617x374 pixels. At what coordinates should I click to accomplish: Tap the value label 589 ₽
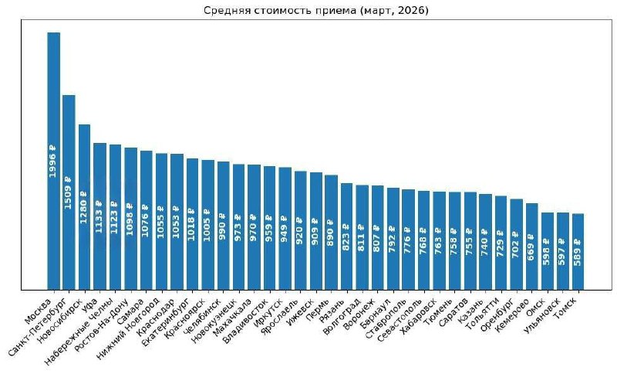click(x=578, y=253)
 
